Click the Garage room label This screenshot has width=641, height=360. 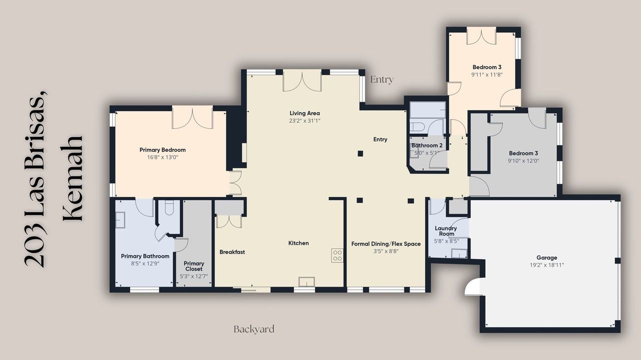click(546, 257)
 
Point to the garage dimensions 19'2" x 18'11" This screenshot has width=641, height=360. click(546, 265)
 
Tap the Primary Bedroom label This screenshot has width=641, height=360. click(163, 150)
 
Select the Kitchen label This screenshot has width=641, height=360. click(298, 243)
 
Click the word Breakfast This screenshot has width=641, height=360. click(232, 252)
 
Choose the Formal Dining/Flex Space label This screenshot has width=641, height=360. click(386, 244)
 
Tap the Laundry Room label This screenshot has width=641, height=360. click(446, 231)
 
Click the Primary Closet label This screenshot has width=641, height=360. click(194, 266)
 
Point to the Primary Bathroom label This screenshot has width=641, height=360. click(145, 256)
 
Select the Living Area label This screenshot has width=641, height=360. click(304, 113)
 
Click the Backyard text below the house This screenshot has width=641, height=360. click(254, 329)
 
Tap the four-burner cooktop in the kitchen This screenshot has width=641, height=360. click(338, 255)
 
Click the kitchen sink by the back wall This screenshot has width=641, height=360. click(307, 282)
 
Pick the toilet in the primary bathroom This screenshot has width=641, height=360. click(169, 207)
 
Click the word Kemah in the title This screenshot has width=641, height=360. click(73, 178)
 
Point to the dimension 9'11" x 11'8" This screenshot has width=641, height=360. click(487, 75)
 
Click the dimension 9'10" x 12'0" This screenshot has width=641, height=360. click(523, 161)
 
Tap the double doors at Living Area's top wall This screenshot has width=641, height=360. click(302, 81)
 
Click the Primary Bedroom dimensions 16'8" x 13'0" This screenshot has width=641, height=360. click(163, 157)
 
